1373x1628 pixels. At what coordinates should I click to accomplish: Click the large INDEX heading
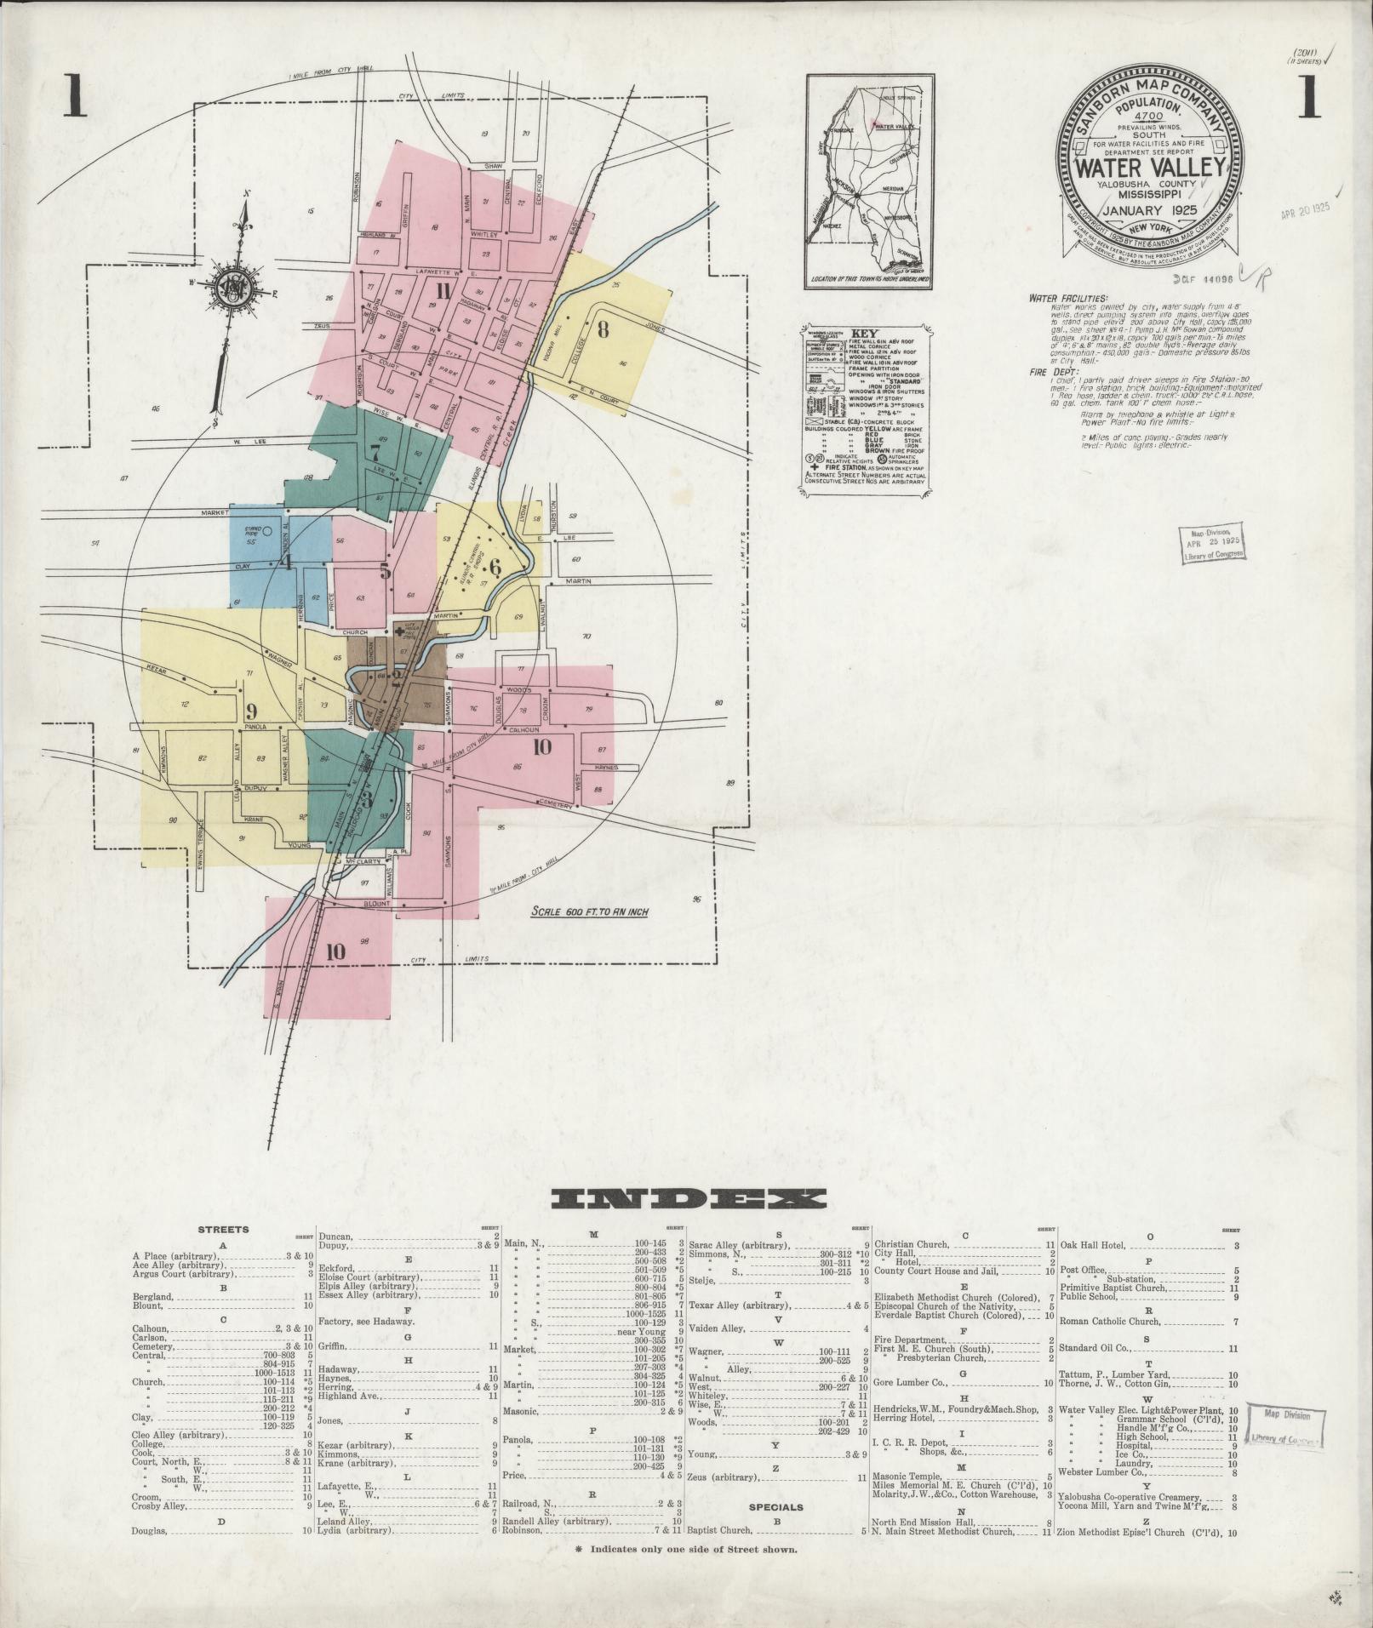[688, 1199]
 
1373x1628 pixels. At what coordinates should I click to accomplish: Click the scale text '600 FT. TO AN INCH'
[589, 911]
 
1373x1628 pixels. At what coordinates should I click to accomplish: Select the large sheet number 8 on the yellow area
[603, 330]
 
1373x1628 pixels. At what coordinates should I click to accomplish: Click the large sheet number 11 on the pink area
[442, 292]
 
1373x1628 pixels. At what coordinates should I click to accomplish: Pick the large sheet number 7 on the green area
[374, 452]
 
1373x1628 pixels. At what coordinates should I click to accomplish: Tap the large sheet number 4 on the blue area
[286, 562]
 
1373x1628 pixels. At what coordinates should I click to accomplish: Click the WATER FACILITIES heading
[1067, 299]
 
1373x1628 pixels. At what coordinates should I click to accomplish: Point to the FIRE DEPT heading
[1053, 371]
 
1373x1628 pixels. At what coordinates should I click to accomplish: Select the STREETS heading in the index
[223, 1229]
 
